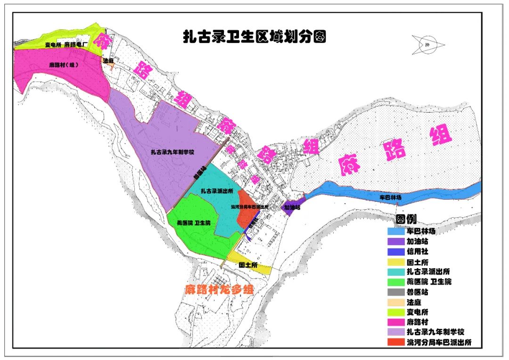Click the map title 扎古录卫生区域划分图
pos(254,36)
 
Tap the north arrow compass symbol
pos(427,45)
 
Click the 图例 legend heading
pos(406,220)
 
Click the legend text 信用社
pos(418,252)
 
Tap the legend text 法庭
pos(415,302)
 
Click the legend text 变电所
pos(418,312)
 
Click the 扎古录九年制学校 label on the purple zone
pos(172,152)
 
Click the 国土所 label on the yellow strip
pos(248,266)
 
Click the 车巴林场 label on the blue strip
pos(392,197)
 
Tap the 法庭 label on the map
pos(108,61)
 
